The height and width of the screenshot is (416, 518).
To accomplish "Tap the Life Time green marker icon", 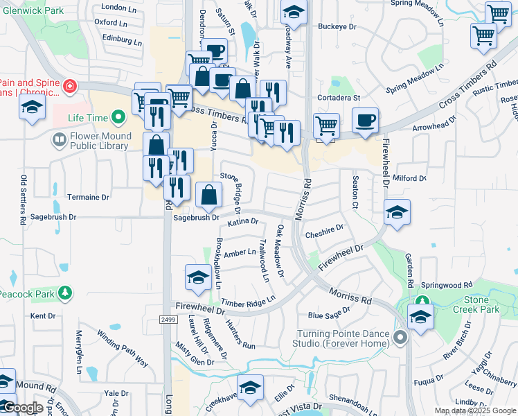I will pyautogui.click(x=119, y=117).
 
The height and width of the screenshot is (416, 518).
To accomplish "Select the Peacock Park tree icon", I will pyautogui.click(x=65, y=293).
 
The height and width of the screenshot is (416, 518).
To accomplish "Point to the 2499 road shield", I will pyautogui.click(x=165, y=320).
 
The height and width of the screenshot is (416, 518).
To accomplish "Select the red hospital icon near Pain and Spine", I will pyautogui.click(x=69, y=87).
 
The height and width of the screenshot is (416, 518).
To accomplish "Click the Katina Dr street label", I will pyautogui.click(x=242, y=223).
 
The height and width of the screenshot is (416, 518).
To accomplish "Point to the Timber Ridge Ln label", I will pyautogui.click(x=248, y=302).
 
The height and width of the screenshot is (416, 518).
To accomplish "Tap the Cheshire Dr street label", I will pyautogui.click(x=324, y=230).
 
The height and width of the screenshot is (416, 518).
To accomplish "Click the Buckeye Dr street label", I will pyautogui.click(x=337, y=27).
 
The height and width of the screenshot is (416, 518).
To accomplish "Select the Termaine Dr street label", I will pyautogui.click(x=88, y=198).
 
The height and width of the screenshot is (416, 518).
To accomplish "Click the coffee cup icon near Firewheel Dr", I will pyautogui.click(x=365, y=120).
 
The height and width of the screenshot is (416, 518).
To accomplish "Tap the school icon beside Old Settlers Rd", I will pyautogui.click(x=32, y=107).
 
